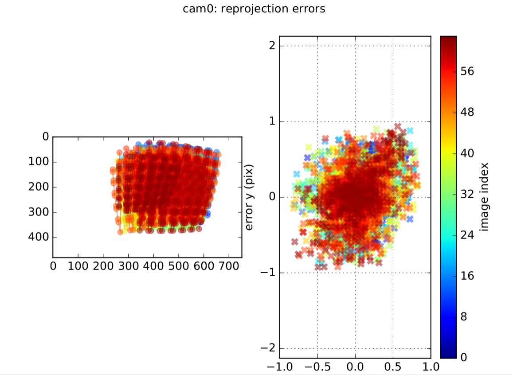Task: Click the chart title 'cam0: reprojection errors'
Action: pyautogui.click(x=254, y=9)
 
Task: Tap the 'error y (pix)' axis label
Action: pyautogui.click(x=249, y=198)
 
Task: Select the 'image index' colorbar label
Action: pyautogui.click(x=484, y=197)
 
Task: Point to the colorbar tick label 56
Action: pyautogui.click(x=467, y=71)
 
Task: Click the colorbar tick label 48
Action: pyautogui.click(x=467, y=112)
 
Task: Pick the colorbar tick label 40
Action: pyautogui.click(x=467, y=153)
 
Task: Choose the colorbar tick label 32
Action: pyautogui.click(x=467, y=194)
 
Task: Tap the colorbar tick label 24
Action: pyautogui.click(x=467, y=235)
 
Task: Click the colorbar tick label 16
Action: pyautogui.click(x=467, y=276)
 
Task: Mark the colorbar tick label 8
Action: pyautogui.click(x=464, y=317)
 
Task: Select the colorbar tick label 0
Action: pyautogui.click(x=464, y=357)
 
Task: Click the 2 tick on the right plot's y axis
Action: pyautogui.click(x=271, y=46)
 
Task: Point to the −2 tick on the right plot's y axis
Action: pyautogui.click(x=268, y=349)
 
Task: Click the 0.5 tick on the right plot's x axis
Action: pyautogui.click(x=393, y=367)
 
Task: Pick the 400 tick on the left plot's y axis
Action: pyautogui.click(x=39, y=238)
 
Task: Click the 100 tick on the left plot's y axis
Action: pyautogui.click(x=39, y=162)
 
